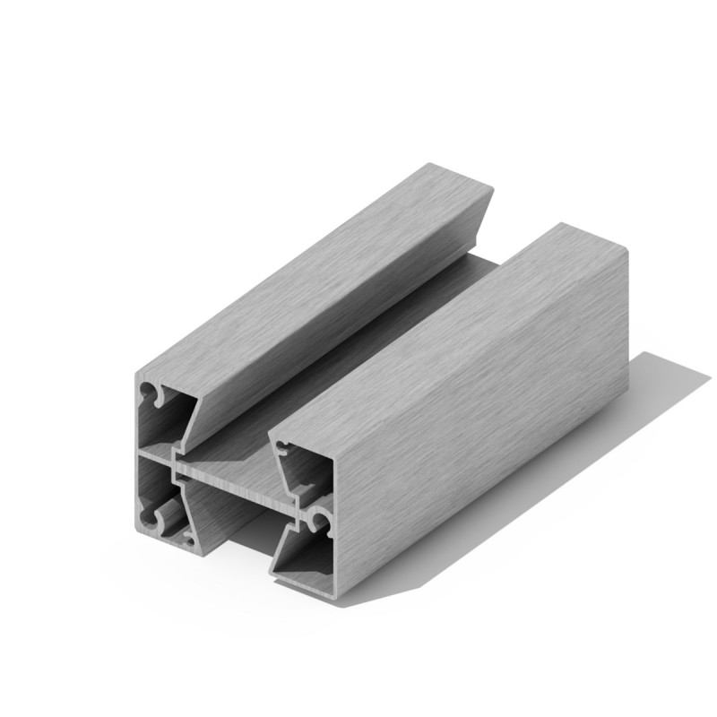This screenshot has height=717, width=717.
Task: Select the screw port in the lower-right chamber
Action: [x=315, y=519]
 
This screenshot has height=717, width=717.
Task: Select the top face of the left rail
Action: [x=323, y=269]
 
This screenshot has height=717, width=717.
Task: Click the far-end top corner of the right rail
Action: [x=563, y=223]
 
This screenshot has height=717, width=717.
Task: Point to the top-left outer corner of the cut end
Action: [x=136, y=370]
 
